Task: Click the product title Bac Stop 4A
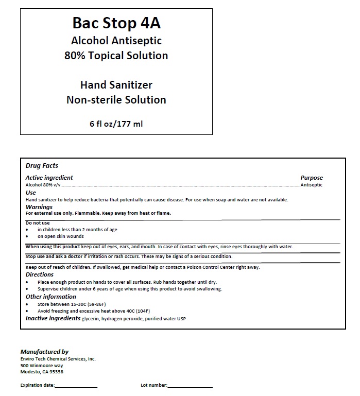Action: [x=116, y=24]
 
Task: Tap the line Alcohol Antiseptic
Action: [x=116, y=41]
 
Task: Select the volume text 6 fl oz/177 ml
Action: [x=116, y=124]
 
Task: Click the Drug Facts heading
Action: [x=42, y=166]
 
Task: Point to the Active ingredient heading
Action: [x=49, y=178]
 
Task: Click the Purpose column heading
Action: [x=312, y=178]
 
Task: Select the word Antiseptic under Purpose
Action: [x=312, y=185]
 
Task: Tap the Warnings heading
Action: [x=39, y=207]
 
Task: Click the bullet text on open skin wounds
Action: [x=61, y=236]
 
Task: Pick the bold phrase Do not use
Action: [x=38, y=223]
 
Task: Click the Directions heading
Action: [x=40, y=274]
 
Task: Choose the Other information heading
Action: [x=51, y=297]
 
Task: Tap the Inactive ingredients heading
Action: [x=53, y=318]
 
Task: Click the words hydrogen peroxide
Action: [x=122, y=319]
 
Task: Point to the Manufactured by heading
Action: [x=44, y=352]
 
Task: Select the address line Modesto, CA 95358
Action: [x=42, y=372]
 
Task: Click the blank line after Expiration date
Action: [x=76, y=386]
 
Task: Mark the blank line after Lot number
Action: [x=190, y=386]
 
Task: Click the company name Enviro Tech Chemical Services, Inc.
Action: [x=58, y=359]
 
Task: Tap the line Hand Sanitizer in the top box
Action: [x=116, y=84]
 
